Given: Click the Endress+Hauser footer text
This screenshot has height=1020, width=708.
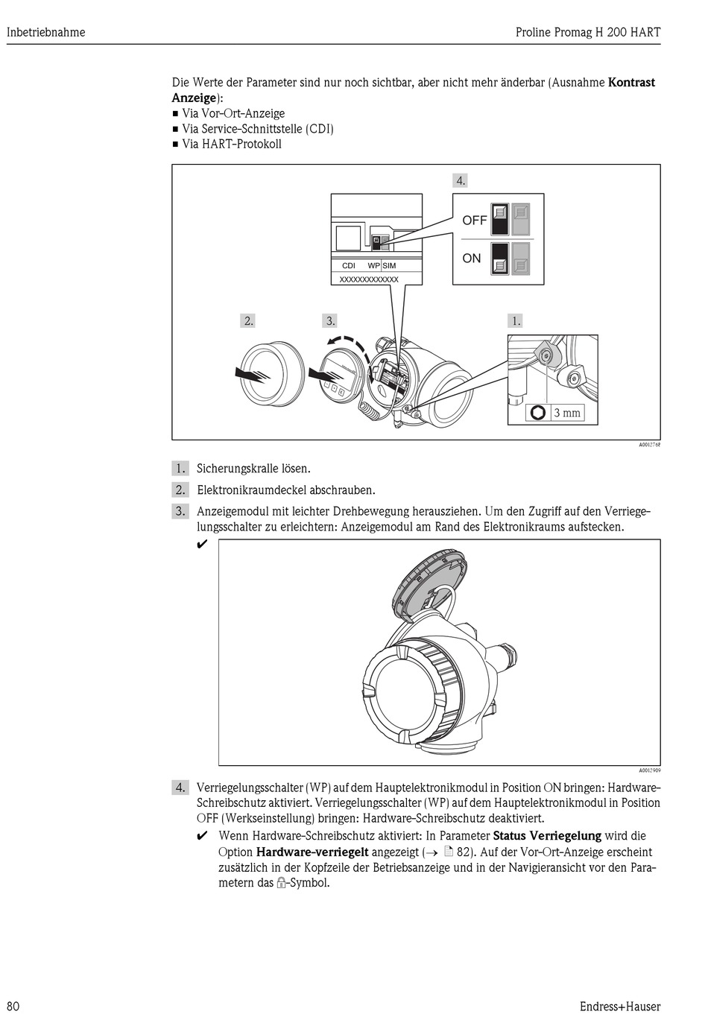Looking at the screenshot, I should (x=621, y=1006).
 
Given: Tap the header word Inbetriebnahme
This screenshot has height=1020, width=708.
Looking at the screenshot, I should (x=45, y=32).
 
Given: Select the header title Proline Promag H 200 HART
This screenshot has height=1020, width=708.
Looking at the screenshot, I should (x=588, y=32).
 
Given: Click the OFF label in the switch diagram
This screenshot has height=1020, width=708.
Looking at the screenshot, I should (x=474, y=221).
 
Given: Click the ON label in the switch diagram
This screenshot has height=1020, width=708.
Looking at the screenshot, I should (x=472, y=259).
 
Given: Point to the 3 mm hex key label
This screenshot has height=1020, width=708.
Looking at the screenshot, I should (x=566, y=413).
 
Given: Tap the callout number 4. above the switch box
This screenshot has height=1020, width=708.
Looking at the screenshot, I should (x=461, y=180).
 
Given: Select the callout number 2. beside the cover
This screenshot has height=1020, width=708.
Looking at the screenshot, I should (x=248, y=321).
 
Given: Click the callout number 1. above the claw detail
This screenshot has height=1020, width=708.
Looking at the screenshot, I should (x=515, y=321).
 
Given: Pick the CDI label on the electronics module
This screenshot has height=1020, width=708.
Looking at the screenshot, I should (x=349, y=265).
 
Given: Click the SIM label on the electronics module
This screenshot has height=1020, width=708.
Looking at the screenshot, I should (x=390, y=265).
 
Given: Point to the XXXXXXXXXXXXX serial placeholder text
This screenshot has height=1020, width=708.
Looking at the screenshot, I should (x=369, y=279).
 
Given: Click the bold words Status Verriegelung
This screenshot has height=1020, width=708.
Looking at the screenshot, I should (x=547, y=835).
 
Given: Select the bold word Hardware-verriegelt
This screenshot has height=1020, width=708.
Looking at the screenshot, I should (x=312, y=852).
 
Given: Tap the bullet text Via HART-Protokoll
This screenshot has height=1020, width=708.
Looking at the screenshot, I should (x=232, y=145).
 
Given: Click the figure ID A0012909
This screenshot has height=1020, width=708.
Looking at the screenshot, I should (x=649, y=770).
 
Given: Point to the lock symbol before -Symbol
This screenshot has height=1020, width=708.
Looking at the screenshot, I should (x=281, y=884).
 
